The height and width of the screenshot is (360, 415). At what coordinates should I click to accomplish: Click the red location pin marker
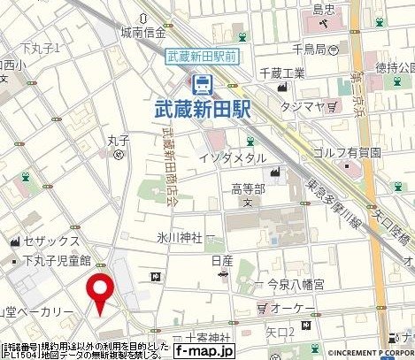coord(99,291)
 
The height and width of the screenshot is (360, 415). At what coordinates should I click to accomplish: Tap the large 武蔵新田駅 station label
coord(203,113)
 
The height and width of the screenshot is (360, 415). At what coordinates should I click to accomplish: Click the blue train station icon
coord(203,86)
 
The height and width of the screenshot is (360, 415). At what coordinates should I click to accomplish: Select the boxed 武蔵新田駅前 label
coord(203,55)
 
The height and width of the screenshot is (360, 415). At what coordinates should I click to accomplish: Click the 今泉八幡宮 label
coord(286,285)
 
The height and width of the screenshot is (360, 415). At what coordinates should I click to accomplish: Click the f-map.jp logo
coord(204,350)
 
